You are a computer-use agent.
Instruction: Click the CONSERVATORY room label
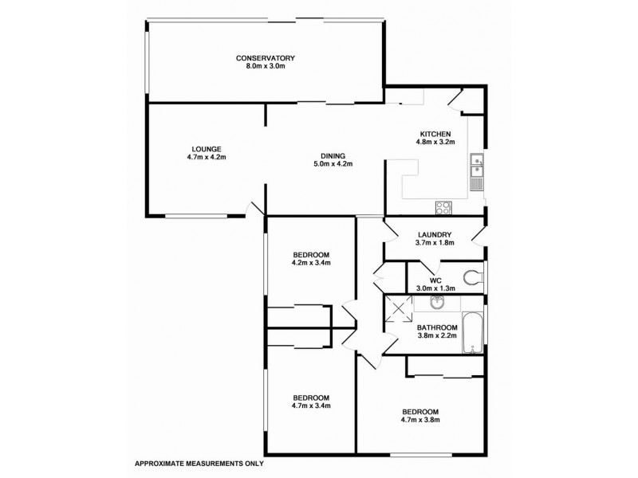pos(266,58)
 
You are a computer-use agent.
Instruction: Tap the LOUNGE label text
pos(206,148)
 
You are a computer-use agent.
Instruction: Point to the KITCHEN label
pos(435,134)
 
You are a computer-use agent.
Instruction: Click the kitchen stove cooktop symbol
pos(443,208)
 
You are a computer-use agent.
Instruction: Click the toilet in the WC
pos(475,278)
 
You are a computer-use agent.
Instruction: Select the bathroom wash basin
pos(436,303)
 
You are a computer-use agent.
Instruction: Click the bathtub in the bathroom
pos(474,337)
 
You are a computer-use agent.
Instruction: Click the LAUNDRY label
pos(435,234)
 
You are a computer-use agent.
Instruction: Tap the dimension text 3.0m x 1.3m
pos(435,288)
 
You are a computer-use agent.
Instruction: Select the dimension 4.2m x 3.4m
pos(309,262)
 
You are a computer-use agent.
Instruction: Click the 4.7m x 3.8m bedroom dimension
pos(419,420)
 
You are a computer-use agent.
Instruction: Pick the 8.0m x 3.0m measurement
pos(266,66)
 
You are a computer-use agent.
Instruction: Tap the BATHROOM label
pos(437,327)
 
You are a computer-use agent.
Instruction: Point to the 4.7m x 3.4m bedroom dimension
pos(309,406)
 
